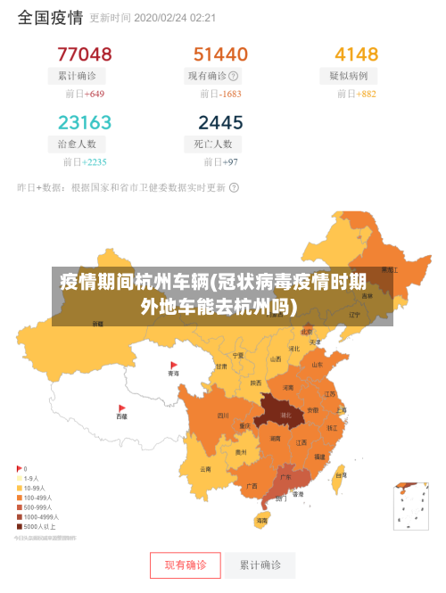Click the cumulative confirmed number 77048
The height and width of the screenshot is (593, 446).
click(x=85, y=54)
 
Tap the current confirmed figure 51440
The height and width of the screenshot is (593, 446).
click(x=220, y=54)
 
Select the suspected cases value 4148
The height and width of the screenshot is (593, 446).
click(x=356, y=54)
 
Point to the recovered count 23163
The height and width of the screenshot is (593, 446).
click(x=85, y=122)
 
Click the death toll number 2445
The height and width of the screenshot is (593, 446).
click(x=220, y=122)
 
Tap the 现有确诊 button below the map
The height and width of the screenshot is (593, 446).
click(x=186, y=565)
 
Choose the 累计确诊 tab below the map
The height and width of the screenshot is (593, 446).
click(x=260, y=565)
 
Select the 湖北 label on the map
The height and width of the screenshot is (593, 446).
click(x=285, y=415)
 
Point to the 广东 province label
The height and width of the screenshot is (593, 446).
click(x=285, y=477)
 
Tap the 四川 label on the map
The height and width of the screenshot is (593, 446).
click(x=222, y=415)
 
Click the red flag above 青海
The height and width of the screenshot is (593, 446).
click(x=174, y=365)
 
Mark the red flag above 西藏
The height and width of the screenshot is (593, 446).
click(x=122, y=406)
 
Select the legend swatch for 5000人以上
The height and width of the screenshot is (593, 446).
click(x=20, y=527)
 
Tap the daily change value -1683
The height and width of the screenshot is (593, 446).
click(x=230, y=94)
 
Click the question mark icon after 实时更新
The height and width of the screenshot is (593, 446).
click(x=234, y=188)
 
